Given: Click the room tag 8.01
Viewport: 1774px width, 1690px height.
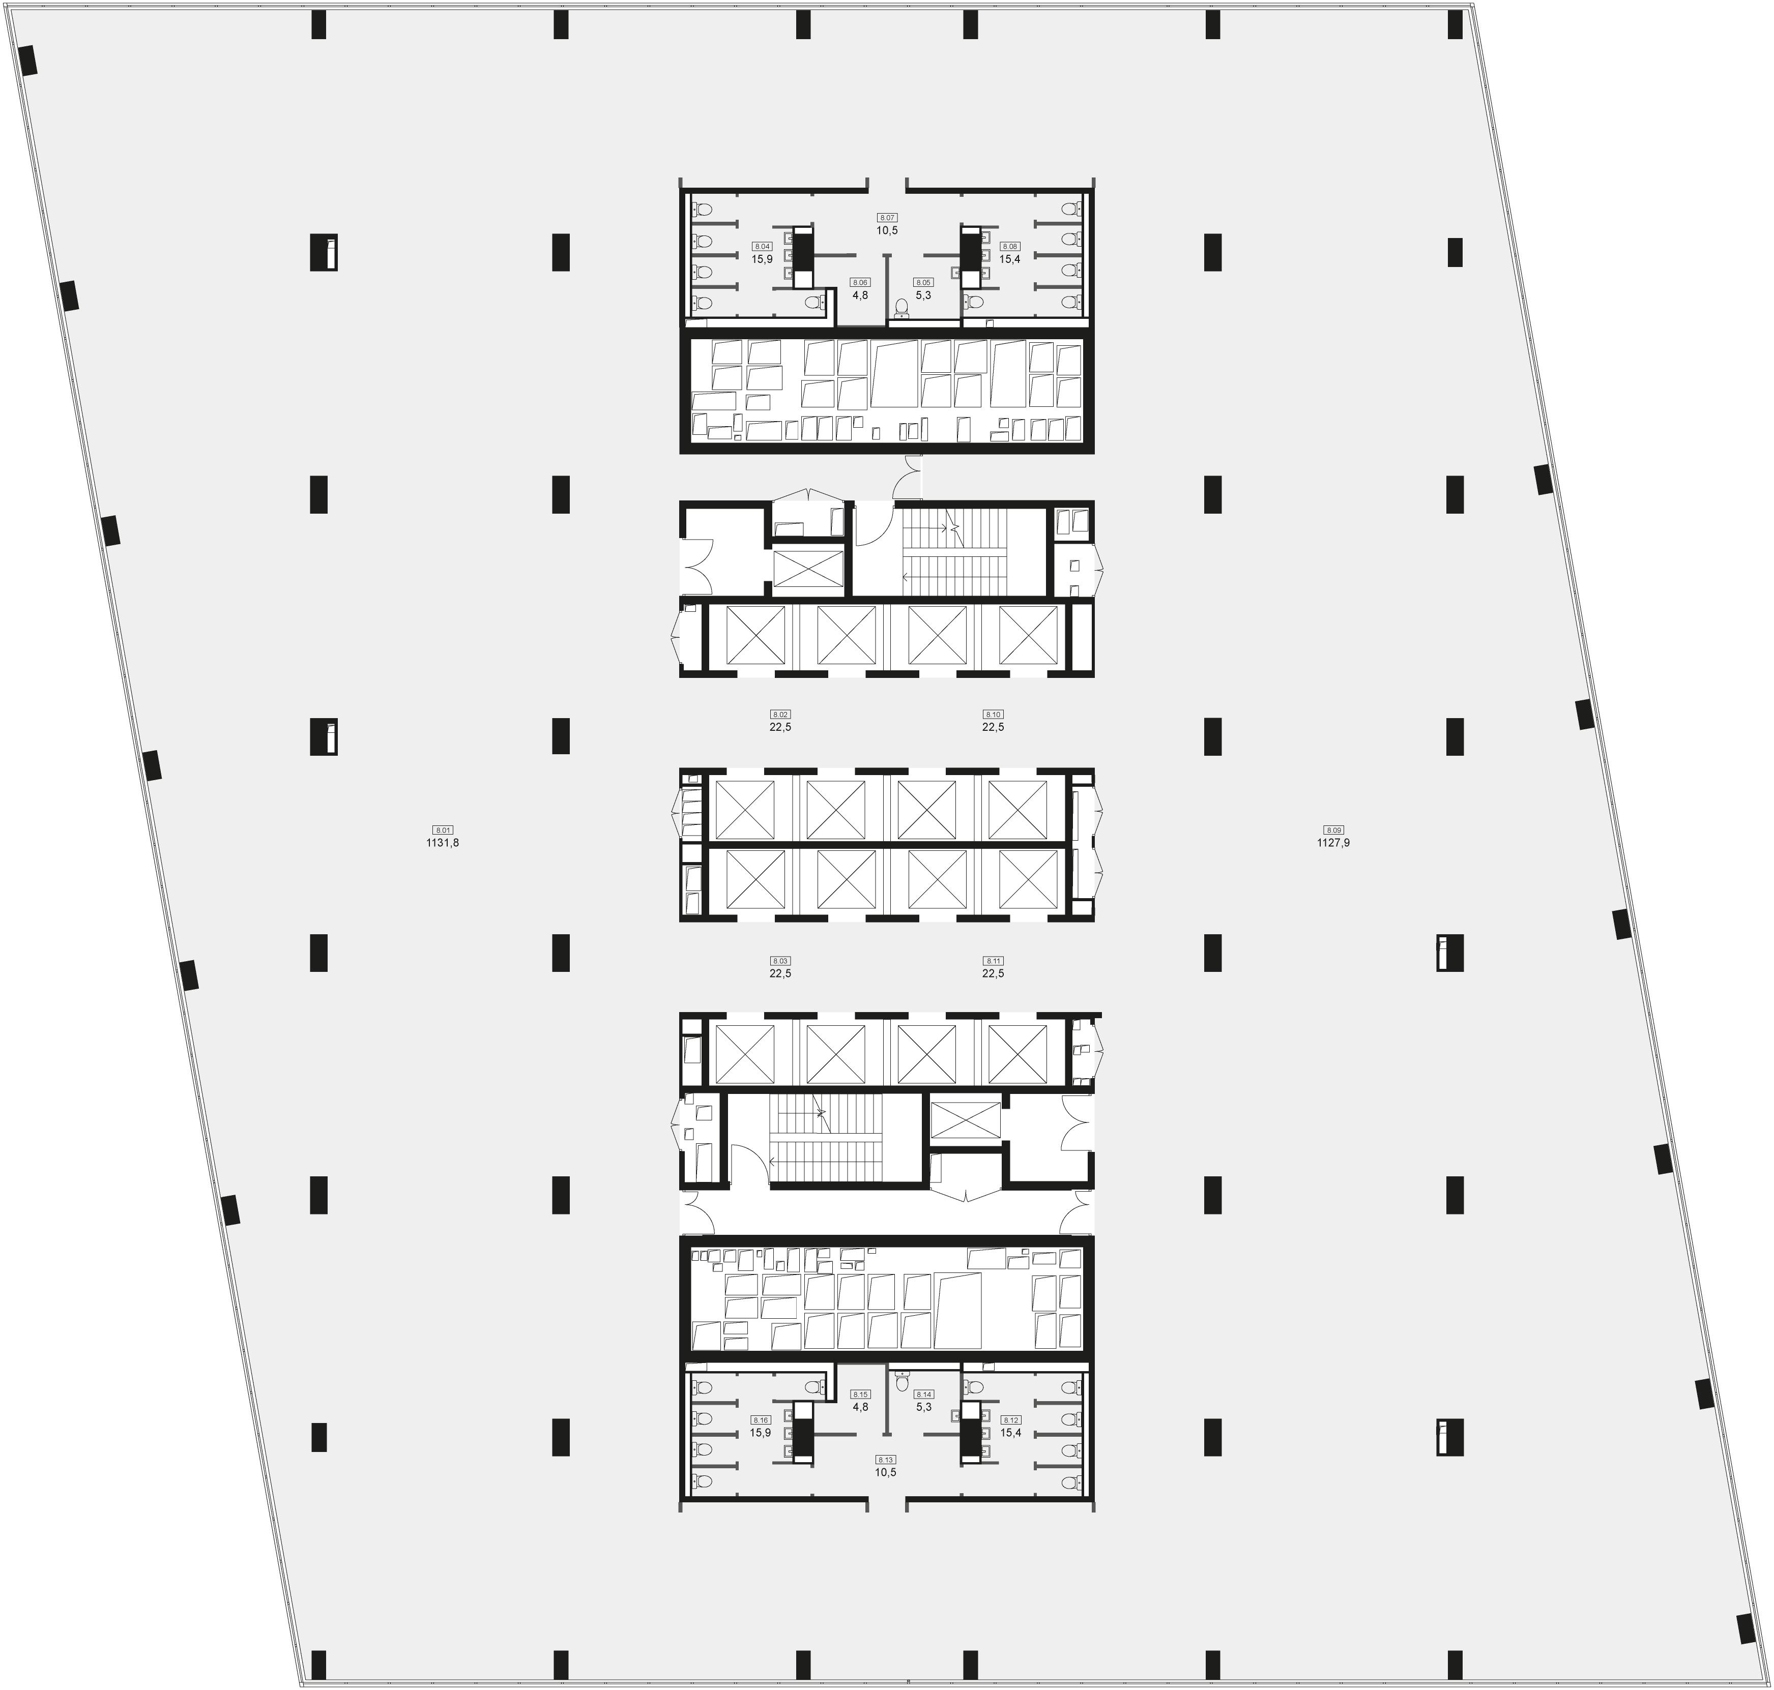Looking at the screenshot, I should pos(443,829).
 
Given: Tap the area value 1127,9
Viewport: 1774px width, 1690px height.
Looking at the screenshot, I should pos(1333,843).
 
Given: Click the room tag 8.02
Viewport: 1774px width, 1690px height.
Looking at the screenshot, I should pos(780,715).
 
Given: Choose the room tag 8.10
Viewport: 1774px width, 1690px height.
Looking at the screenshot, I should pos(993,715).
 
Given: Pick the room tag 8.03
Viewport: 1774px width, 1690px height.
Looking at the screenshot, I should pos(780,961).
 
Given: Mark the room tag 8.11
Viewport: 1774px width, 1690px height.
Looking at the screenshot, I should pos(993,961).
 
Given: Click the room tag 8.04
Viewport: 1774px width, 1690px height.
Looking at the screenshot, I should pos(762,246).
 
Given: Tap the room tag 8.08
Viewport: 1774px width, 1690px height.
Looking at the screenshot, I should pos(1010,246).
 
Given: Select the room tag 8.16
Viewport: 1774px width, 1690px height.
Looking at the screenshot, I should pos(761,1420).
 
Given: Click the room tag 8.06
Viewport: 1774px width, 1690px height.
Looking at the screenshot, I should pos(860,282).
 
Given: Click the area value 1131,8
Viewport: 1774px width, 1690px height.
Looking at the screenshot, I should pos(443,843).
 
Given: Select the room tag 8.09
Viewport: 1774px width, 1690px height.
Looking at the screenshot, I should pos(1333,829).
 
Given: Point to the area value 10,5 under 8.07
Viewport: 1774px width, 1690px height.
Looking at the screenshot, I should pos(887,230).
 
